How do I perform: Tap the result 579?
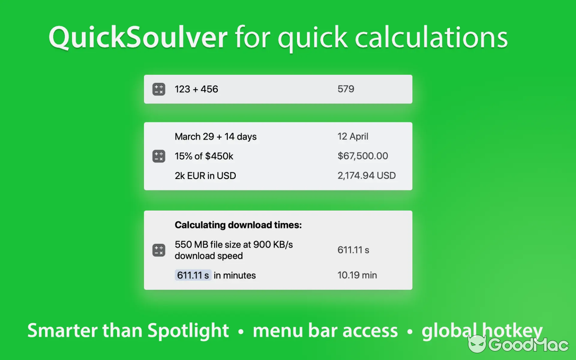coord(346,89)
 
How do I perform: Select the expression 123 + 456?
coord(196,89)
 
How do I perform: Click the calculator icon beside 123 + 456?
coord(158,89)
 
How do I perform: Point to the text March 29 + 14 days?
coord(216,137)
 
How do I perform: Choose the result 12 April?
coord(353,137)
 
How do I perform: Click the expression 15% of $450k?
coord(204,156)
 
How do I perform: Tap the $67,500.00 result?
coord(363,156)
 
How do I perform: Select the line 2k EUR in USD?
coord(205,175)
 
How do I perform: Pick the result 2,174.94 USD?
coord(366,175)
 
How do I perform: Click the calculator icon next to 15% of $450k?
coord(158,156)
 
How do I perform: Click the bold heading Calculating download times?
coord(238,225)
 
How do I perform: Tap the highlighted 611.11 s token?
coord(193,275)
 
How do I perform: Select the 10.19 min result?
coord(357,275)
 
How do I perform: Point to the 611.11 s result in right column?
coord(353,250)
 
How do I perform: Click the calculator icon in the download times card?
coord(158,250)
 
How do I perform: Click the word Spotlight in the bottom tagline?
coord(188,331)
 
